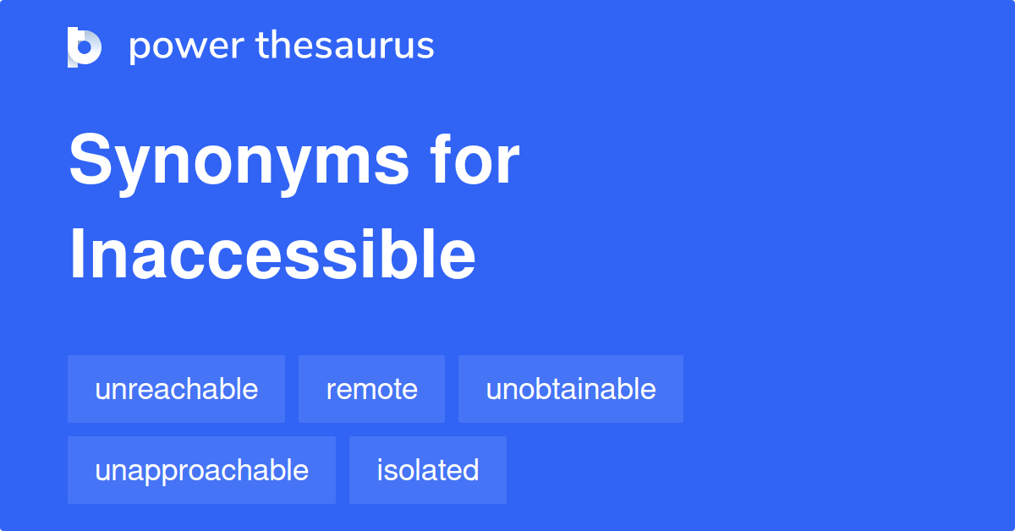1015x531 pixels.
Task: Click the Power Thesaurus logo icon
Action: (85, 47)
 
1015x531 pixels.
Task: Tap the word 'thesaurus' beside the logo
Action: (345, 46)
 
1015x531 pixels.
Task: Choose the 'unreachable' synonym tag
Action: (176, 389)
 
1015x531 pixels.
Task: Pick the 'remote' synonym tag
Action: (371, 389)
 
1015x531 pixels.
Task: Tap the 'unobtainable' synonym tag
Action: (570, 389)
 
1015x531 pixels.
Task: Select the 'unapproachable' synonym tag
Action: (201, 470)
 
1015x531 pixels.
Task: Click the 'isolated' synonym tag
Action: (427, 470)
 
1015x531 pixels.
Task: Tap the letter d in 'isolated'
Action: (471, 470)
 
